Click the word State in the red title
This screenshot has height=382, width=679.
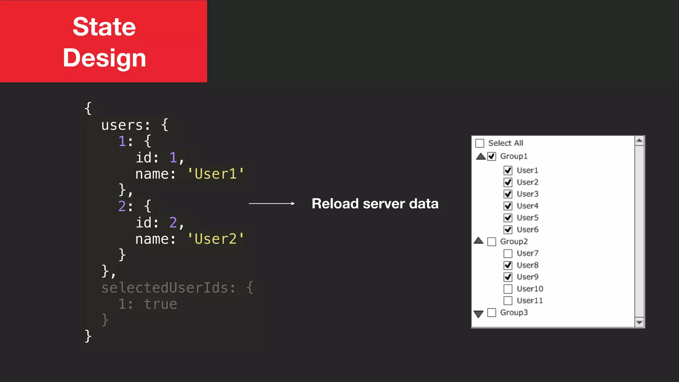pyautogui.click(x=104, y=27)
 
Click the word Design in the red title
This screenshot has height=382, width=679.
pyautogui.click(x=104, y=58)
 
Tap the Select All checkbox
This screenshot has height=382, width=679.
pyautogui.click(x=480, y=143)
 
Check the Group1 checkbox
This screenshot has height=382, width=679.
pyautogui.click(x=492, y=157)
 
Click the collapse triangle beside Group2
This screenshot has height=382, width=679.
pyautogui.click(x=478, y=241)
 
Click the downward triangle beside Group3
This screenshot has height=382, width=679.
pyautogui.click(x=478, y=314)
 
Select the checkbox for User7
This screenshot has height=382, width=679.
pyautogui.click(x=508, y=254)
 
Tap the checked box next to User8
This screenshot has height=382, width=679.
pyautogui.click(x=508, y=265)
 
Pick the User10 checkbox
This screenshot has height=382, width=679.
pyautogui.click(x=508, y=289)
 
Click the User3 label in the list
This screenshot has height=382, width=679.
pyautogui.click(x=527, y=194)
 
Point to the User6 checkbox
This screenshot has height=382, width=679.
pyautogui.click(x=508, y=229)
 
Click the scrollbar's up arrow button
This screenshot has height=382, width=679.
pyautogui.click(x=640, y=141)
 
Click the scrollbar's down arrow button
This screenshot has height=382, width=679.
pyautogui.click(x=640, y=322)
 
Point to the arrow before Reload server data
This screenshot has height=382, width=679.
pyautogui.click(x=272, y=204)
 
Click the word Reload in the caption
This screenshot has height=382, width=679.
pyautogui.click(x=335, y=204)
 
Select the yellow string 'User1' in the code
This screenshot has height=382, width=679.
pyautogui.click(x=216, y=174)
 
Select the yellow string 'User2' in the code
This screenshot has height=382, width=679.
pyautogui.click(x=216, y=239)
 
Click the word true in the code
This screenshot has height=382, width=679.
pyautogui.click(x=160, y=304)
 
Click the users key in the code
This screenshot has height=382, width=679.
pyautogui.click(x=122, y=125)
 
